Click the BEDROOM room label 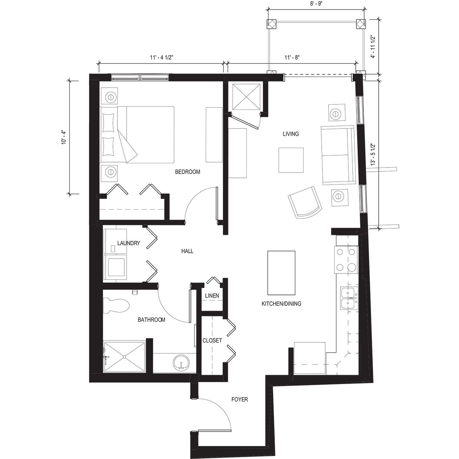pos(187,172)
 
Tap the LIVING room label pos(290,134)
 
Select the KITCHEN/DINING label pos(281,304)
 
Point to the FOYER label pos(240,400)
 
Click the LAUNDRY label pos(129,243)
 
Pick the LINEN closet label pos(212,296)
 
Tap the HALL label pos(187,251)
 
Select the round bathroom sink pos(180,363)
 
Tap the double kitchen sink pos(349,299)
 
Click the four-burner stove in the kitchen pos(346,260)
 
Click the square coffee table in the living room pos(291,160)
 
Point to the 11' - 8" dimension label pos(292,58)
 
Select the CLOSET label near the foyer pos(212,340)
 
